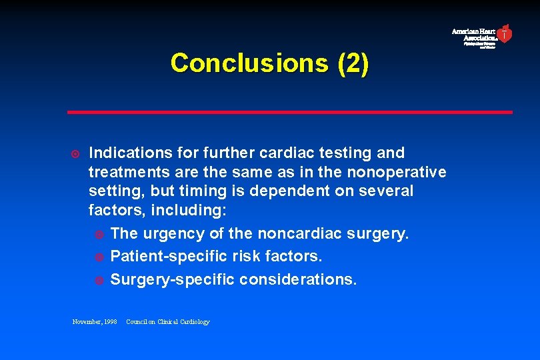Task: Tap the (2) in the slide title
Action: (353, 63)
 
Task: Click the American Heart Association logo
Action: (482, 36)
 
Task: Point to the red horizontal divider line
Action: (290, 112)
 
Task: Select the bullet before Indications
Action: (75, 153)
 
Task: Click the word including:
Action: (189, 211)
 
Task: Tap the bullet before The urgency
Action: (99, 234)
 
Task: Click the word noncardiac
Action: (307, 234)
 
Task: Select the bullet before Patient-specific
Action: (99, 257)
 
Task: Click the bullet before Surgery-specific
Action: (99, 280)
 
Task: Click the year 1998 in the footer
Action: (111, 322)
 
